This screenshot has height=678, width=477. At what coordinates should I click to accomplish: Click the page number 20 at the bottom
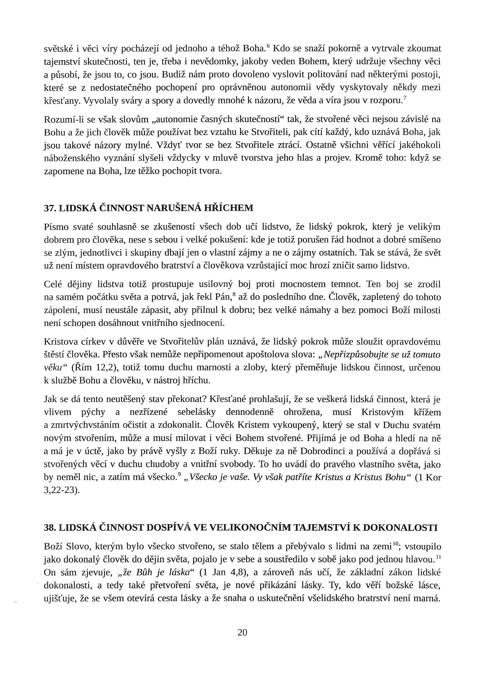click(x=242, y=633)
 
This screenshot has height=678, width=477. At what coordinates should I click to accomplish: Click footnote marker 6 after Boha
click(x=268, y=46)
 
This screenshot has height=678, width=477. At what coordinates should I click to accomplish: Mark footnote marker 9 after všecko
click(x=179, y=474)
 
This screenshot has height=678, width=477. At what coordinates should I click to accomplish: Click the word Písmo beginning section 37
click(x=55, y=227)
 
